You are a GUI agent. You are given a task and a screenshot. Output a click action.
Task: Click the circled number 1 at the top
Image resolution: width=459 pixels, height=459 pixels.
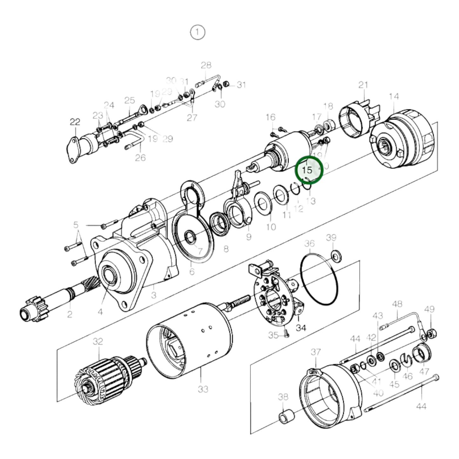click(x=198, y=32)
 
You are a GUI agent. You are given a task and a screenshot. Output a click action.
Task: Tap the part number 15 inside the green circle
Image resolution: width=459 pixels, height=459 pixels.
click(x=307, y=170)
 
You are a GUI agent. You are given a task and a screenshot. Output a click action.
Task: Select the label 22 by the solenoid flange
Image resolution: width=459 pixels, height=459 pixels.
click(x=75, y=122)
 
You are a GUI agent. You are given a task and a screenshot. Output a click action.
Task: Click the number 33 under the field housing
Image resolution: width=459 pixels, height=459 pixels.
click(x=203, y=389)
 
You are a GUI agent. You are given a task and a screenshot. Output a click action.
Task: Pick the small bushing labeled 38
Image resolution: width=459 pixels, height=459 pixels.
click(x=284, y=417)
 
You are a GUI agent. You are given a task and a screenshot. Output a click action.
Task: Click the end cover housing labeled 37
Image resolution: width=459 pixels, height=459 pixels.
click(x=330, y=394)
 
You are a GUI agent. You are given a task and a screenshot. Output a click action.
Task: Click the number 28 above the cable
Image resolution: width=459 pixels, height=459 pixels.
click(x=206, y=65)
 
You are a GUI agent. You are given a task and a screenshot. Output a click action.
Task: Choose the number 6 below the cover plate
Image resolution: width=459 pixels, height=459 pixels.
click(x=192, y=272)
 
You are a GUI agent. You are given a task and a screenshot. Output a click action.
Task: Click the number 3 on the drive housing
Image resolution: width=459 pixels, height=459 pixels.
click(x=154, y=295)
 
